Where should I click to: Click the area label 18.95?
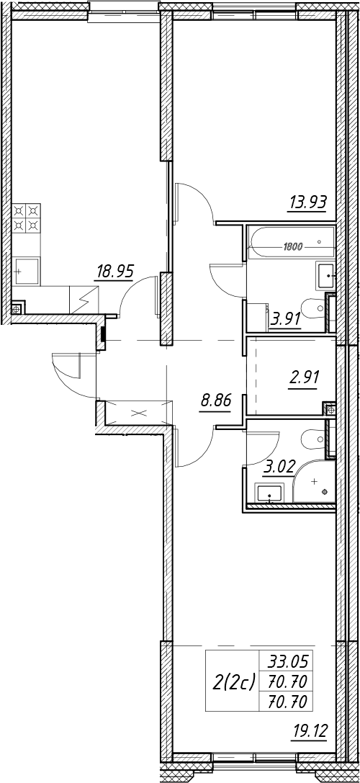pyautogui.click(x=114, y=273)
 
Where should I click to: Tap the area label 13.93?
pyautogui.click(x=307, y=202)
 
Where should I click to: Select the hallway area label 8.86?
pyautogui.click(x=215, y=401)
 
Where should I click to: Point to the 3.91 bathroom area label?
pyautogui.click(x=285, y=318)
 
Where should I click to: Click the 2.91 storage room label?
pyautogui.click(x=304, y=375)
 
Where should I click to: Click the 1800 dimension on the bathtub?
pyautogui.click(x=292, y=246)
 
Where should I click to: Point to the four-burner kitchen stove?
pyautogui.click(x=26, y=218)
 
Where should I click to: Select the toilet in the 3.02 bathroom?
pyautogui.click(x=314, y=441)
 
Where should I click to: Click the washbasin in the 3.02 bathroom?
pyautogui.click(x=269, y=493)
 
